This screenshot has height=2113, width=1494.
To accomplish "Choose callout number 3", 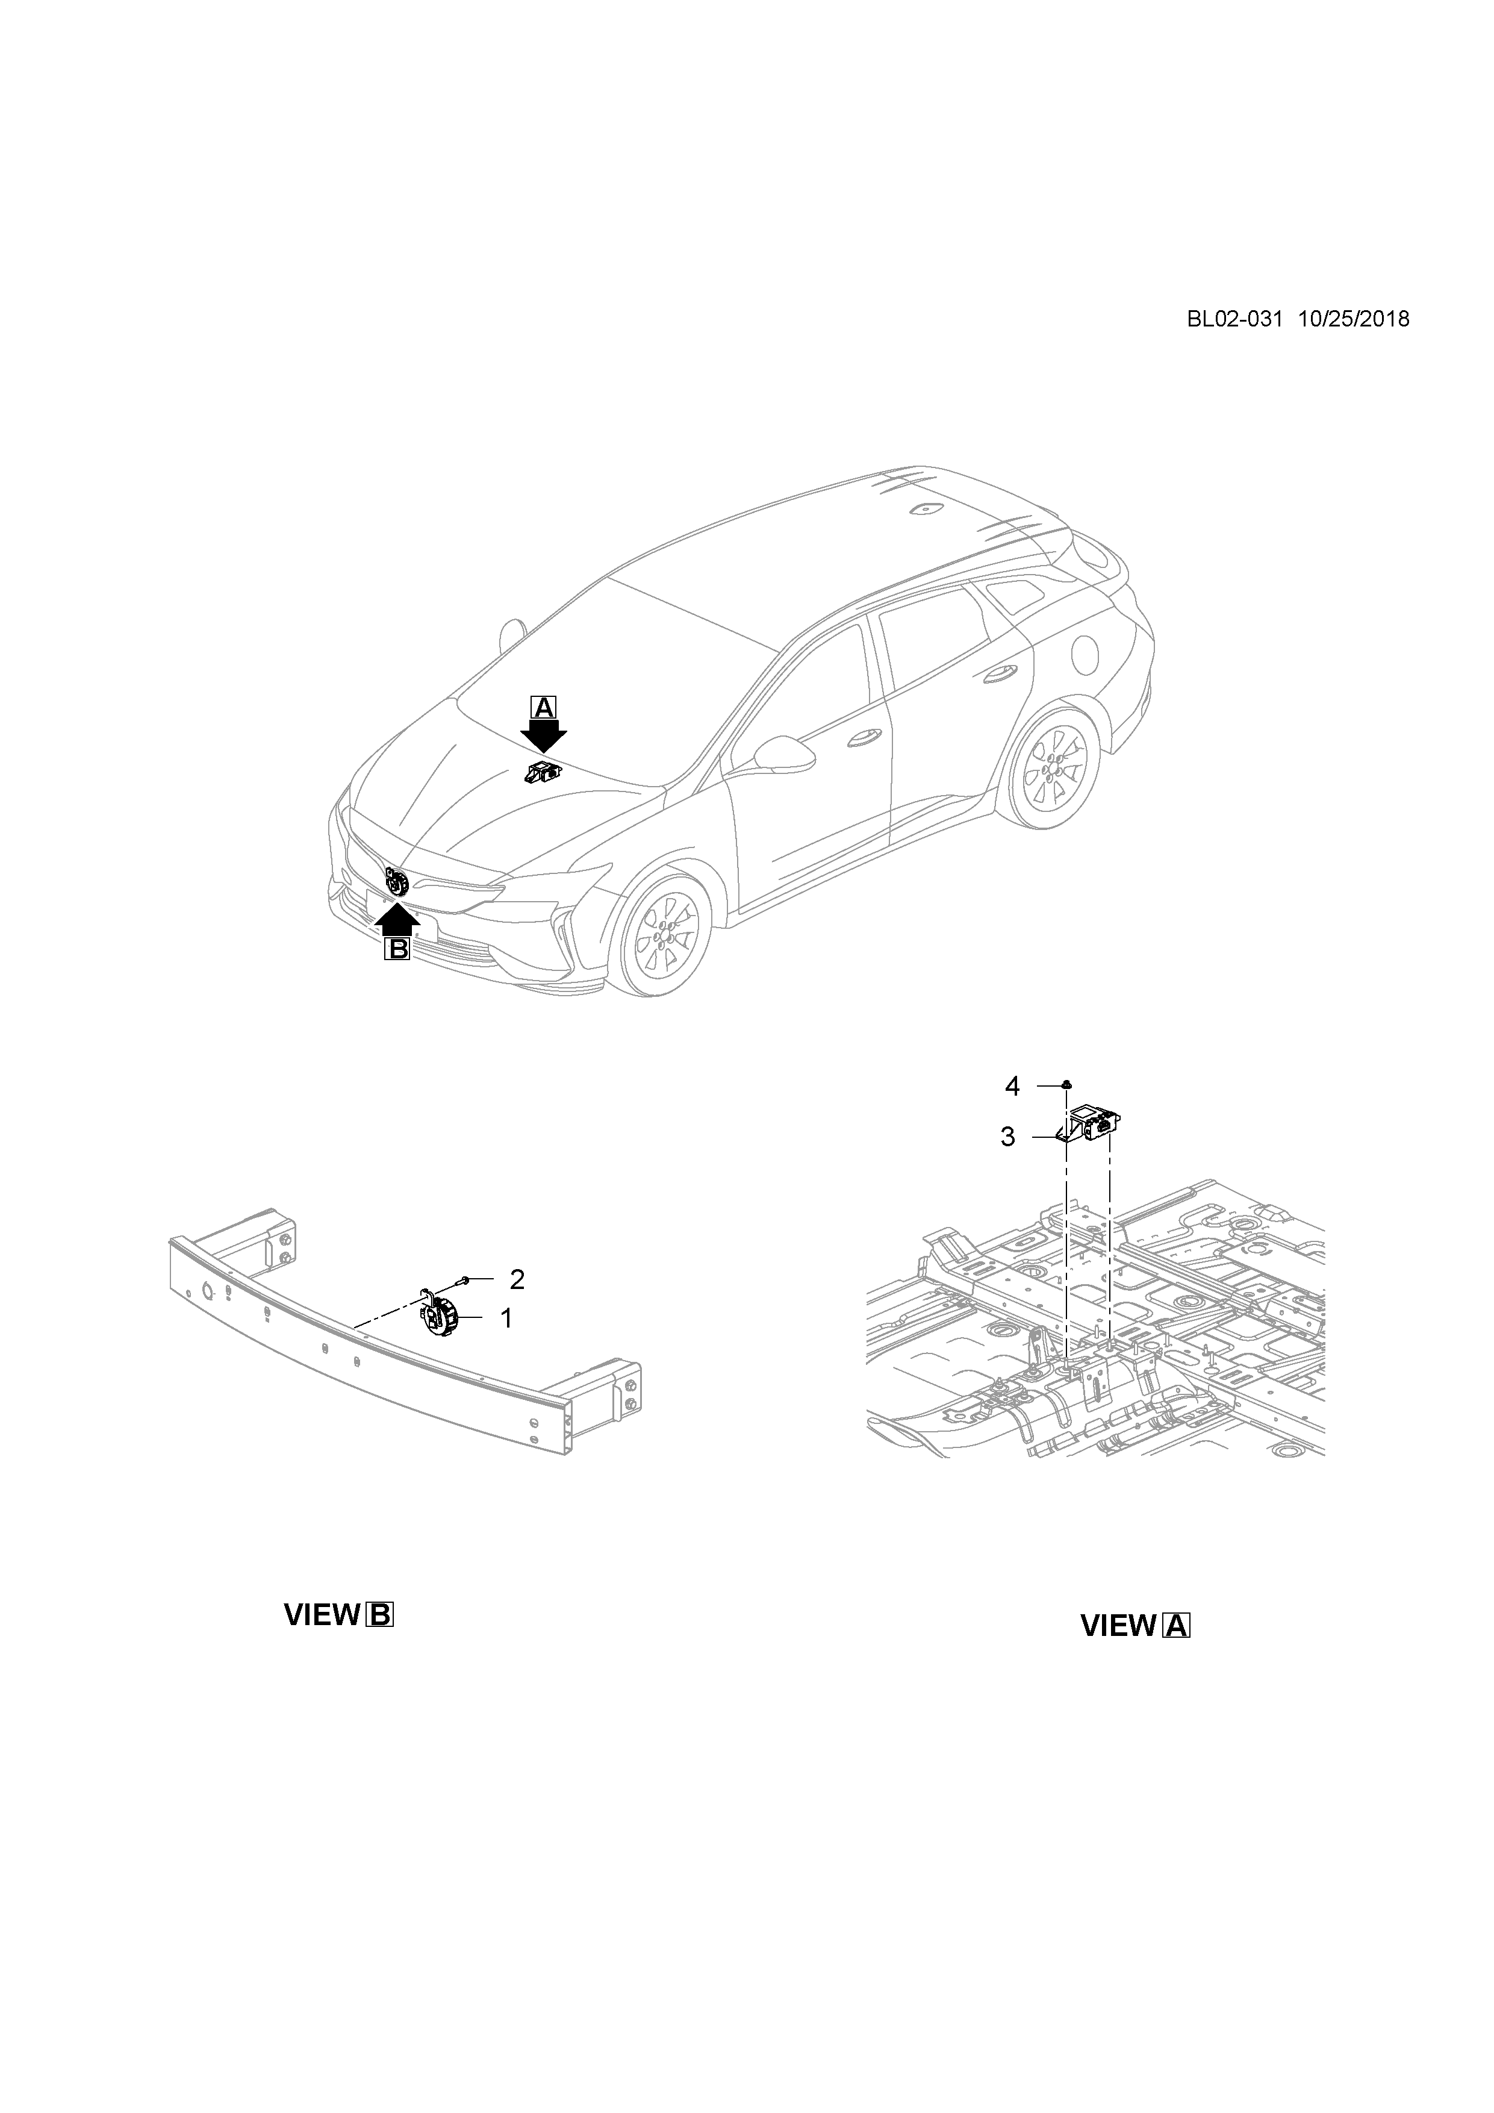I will click(x=1007, y=1137).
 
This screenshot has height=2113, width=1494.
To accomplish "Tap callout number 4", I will click(x=1012, y=1087).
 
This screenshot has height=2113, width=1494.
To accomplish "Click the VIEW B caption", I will click(x=338, y=1614).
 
